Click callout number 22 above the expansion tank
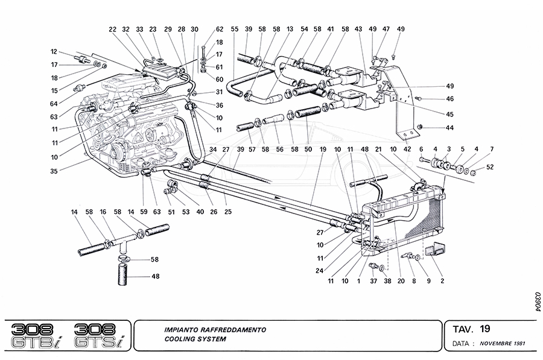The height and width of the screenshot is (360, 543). click(x=113, y=29)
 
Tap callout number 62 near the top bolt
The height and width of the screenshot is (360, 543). click(x=220, y=29)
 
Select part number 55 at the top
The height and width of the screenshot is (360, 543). click(x=234, y=29)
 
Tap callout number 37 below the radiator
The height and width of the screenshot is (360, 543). click(x=374, y=282)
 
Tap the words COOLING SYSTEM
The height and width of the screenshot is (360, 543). click(x=195, y=339)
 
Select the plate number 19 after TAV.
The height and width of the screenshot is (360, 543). click(x=485, y=329)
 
